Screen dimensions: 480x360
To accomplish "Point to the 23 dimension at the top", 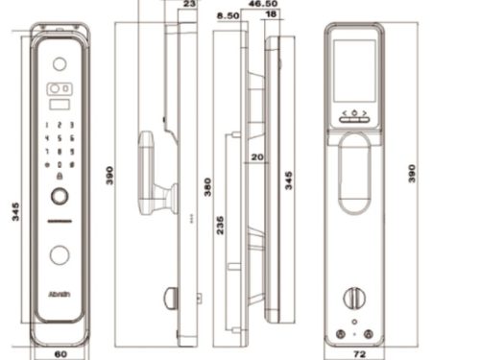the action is [190, 5].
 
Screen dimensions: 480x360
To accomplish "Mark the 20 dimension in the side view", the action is [256, 156].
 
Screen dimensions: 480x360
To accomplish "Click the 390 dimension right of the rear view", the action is [413, 173].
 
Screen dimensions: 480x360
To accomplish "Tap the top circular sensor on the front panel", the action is [60, 67].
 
